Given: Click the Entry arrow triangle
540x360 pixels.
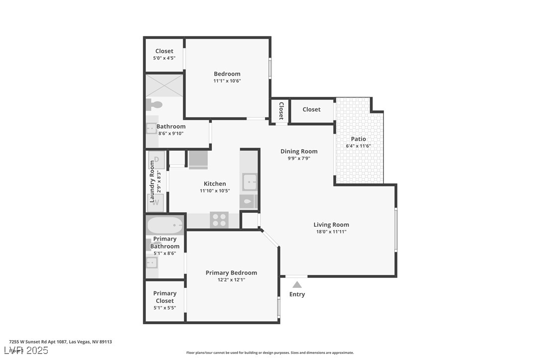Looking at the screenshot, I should click(297, 285).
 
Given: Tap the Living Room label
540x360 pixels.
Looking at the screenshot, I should click(331, 224).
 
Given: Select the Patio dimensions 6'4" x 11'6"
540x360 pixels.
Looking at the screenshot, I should click(359, 146).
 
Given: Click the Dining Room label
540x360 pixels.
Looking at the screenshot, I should click(299, 151).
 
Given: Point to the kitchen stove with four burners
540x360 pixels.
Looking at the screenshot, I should click(219, 220).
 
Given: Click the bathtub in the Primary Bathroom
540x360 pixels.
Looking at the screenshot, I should click(165, 225).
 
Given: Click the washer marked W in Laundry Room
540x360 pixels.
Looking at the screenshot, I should click(156, 202).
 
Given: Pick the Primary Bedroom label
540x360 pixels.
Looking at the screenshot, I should click(231, 272).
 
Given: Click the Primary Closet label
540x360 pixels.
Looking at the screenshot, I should click(165, 297).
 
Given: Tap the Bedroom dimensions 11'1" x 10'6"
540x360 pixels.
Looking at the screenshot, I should click(227, 81).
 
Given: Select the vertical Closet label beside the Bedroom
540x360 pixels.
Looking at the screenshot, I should click(281, 111).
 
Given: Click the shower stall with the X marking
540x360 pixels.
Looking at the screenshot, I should click(165, 85).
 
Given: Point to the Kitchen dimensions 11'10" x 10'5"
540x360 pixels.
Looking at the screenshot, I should click(215, 190).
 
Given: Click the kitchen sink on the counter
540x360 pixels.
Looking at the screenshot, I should click(250, 182).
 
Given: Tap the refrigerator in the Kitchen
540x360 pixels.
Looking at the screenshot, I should click(198, 160).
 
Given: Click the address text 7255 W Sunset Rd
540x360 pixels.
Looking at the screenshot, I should click(60, 342).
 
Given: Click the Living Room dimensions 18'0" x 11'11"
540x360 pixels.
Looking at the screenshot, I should click(331, 232).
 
